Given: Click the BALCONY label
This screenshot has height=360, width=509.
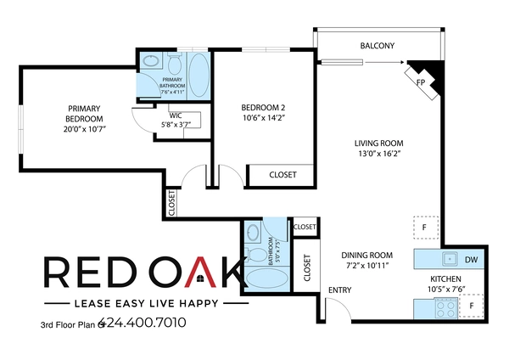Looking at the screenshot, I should coord(378,45).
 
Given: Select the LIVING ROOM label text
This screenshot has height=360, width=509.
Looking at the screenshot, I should coord(378,143).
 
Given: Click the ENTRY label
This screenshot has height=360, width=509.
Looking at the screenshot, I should coord(340,291).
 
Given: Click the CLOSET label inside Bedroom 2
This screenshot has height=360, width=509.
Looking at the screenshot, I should coord(282,175).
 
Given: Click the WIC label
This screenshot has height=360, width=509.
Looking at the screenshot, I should coord(176,115).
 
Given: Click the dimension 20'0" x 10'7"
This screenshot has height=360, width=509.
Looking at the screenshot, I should coord(85,129).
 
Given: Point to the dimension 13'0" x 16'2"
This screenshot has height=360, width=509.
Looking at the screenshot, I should coord(378,155).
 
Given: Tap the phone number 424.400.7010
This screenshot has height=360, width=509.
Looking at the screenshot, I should coord(143,323).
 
